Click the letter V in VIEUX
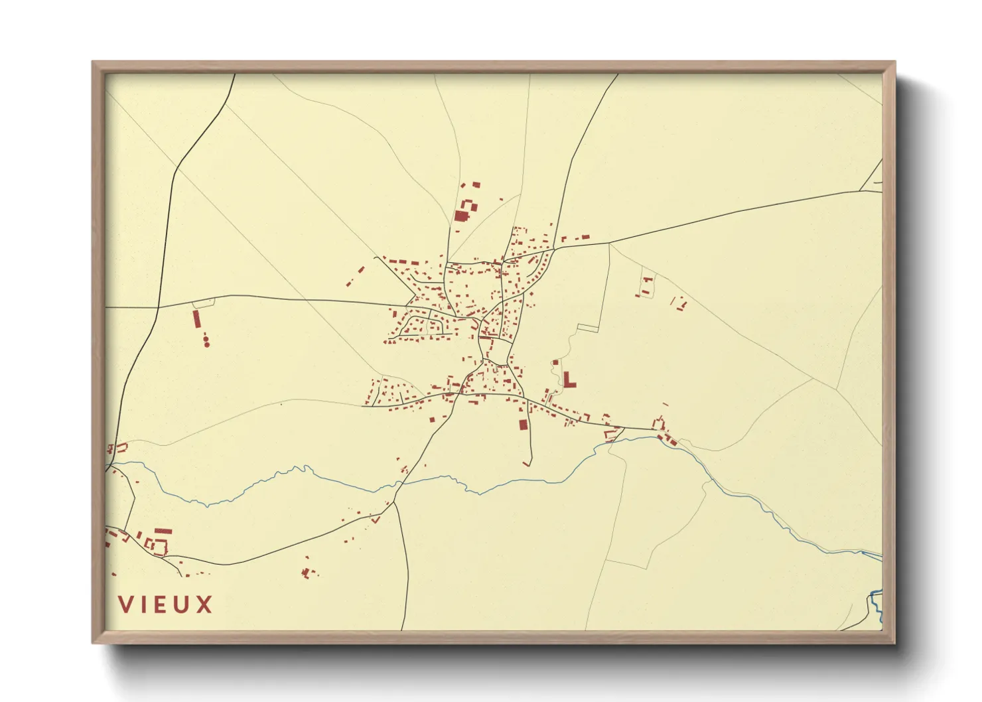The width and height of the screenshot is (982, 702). (x=126, y=604)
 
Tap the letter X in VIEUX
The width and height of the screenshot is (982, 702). (x=204, y=604)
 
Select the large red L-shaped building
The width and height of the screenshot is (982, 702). (x=568, y=380)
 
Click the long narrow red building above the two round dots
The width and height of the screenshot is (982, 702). (x=196, y=319)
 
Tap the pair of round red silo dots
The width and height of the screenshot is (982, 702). (x=206, y=342)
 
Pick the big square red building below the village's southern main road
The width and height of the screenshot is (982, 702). (x=523, y=425)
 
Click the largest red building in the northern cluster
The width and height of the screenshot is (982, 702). (x=461, y=216)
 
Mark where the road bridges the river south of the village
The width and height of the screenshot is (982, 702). (x=399, y=484)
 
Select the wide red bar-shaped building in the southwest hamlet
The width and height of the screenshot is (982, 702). (x=163, y=531)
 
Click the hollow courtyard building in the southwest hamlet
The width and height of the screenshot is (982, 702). (x=159, y=547)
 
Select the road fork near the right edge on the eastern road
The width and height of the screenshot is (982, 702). (x=861, y=191)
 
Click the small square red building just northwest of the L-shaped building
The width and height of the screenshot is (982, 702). (x=555, y=363)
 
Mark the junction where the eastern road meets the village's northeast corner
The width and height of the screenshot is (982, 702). (x=554, y=248)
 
